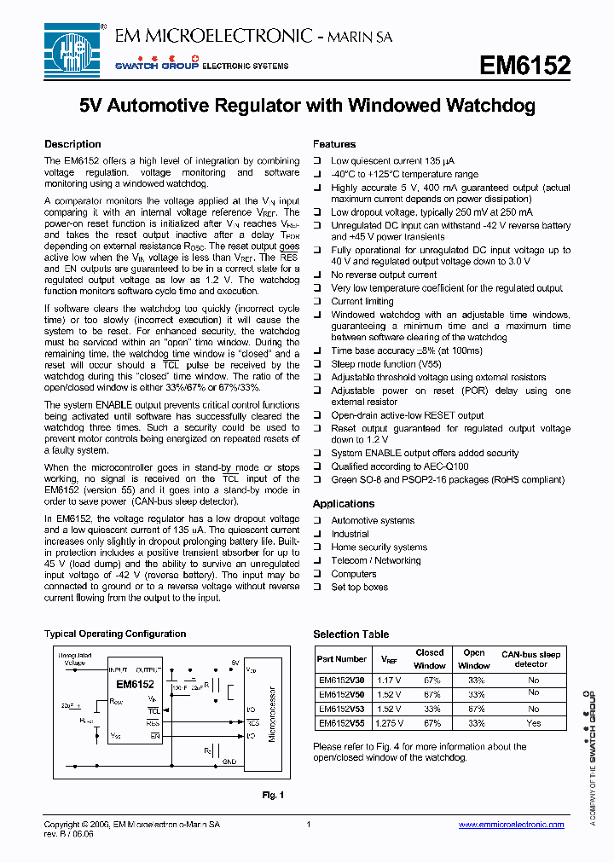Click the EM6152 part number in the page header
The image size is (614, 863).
coord(524,67)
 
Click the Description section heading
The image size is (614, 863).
coord(72,144)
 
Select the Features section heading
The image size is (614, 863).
coord(334,144)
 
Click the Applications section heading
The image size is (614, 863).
coord(344,504)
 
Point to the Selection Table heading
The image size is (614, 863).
coord(350,634)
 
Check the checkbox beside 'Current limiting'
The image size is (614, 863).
coord(317,302)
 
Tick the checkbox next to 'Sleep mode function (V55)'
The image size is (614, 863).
coord(317,364)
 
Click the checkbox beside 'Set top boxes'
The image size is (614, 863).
coord(317,588)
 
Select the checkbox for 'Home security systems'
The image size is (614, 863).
coord(317,547)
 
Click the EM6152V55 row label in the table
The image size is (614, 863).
coord(341,722)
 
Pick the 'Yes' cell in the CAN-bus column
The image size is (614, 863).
coord(533,722)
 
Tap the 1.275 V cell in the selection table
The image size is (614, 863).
coord(389,722)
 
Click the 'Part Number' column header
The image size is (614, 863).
coord(341,658)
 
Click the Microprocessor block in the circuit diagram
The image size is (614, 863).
coord(272,714)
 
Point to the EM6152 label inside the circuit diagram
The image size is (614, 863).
coord(136,684)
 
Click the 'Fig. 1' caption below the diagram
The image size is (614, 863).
coord(273,795)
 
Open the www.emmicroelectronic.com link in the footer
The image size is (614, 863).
coord(511,825)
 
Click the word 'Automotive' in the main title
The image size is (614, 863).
coord(160,106)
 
